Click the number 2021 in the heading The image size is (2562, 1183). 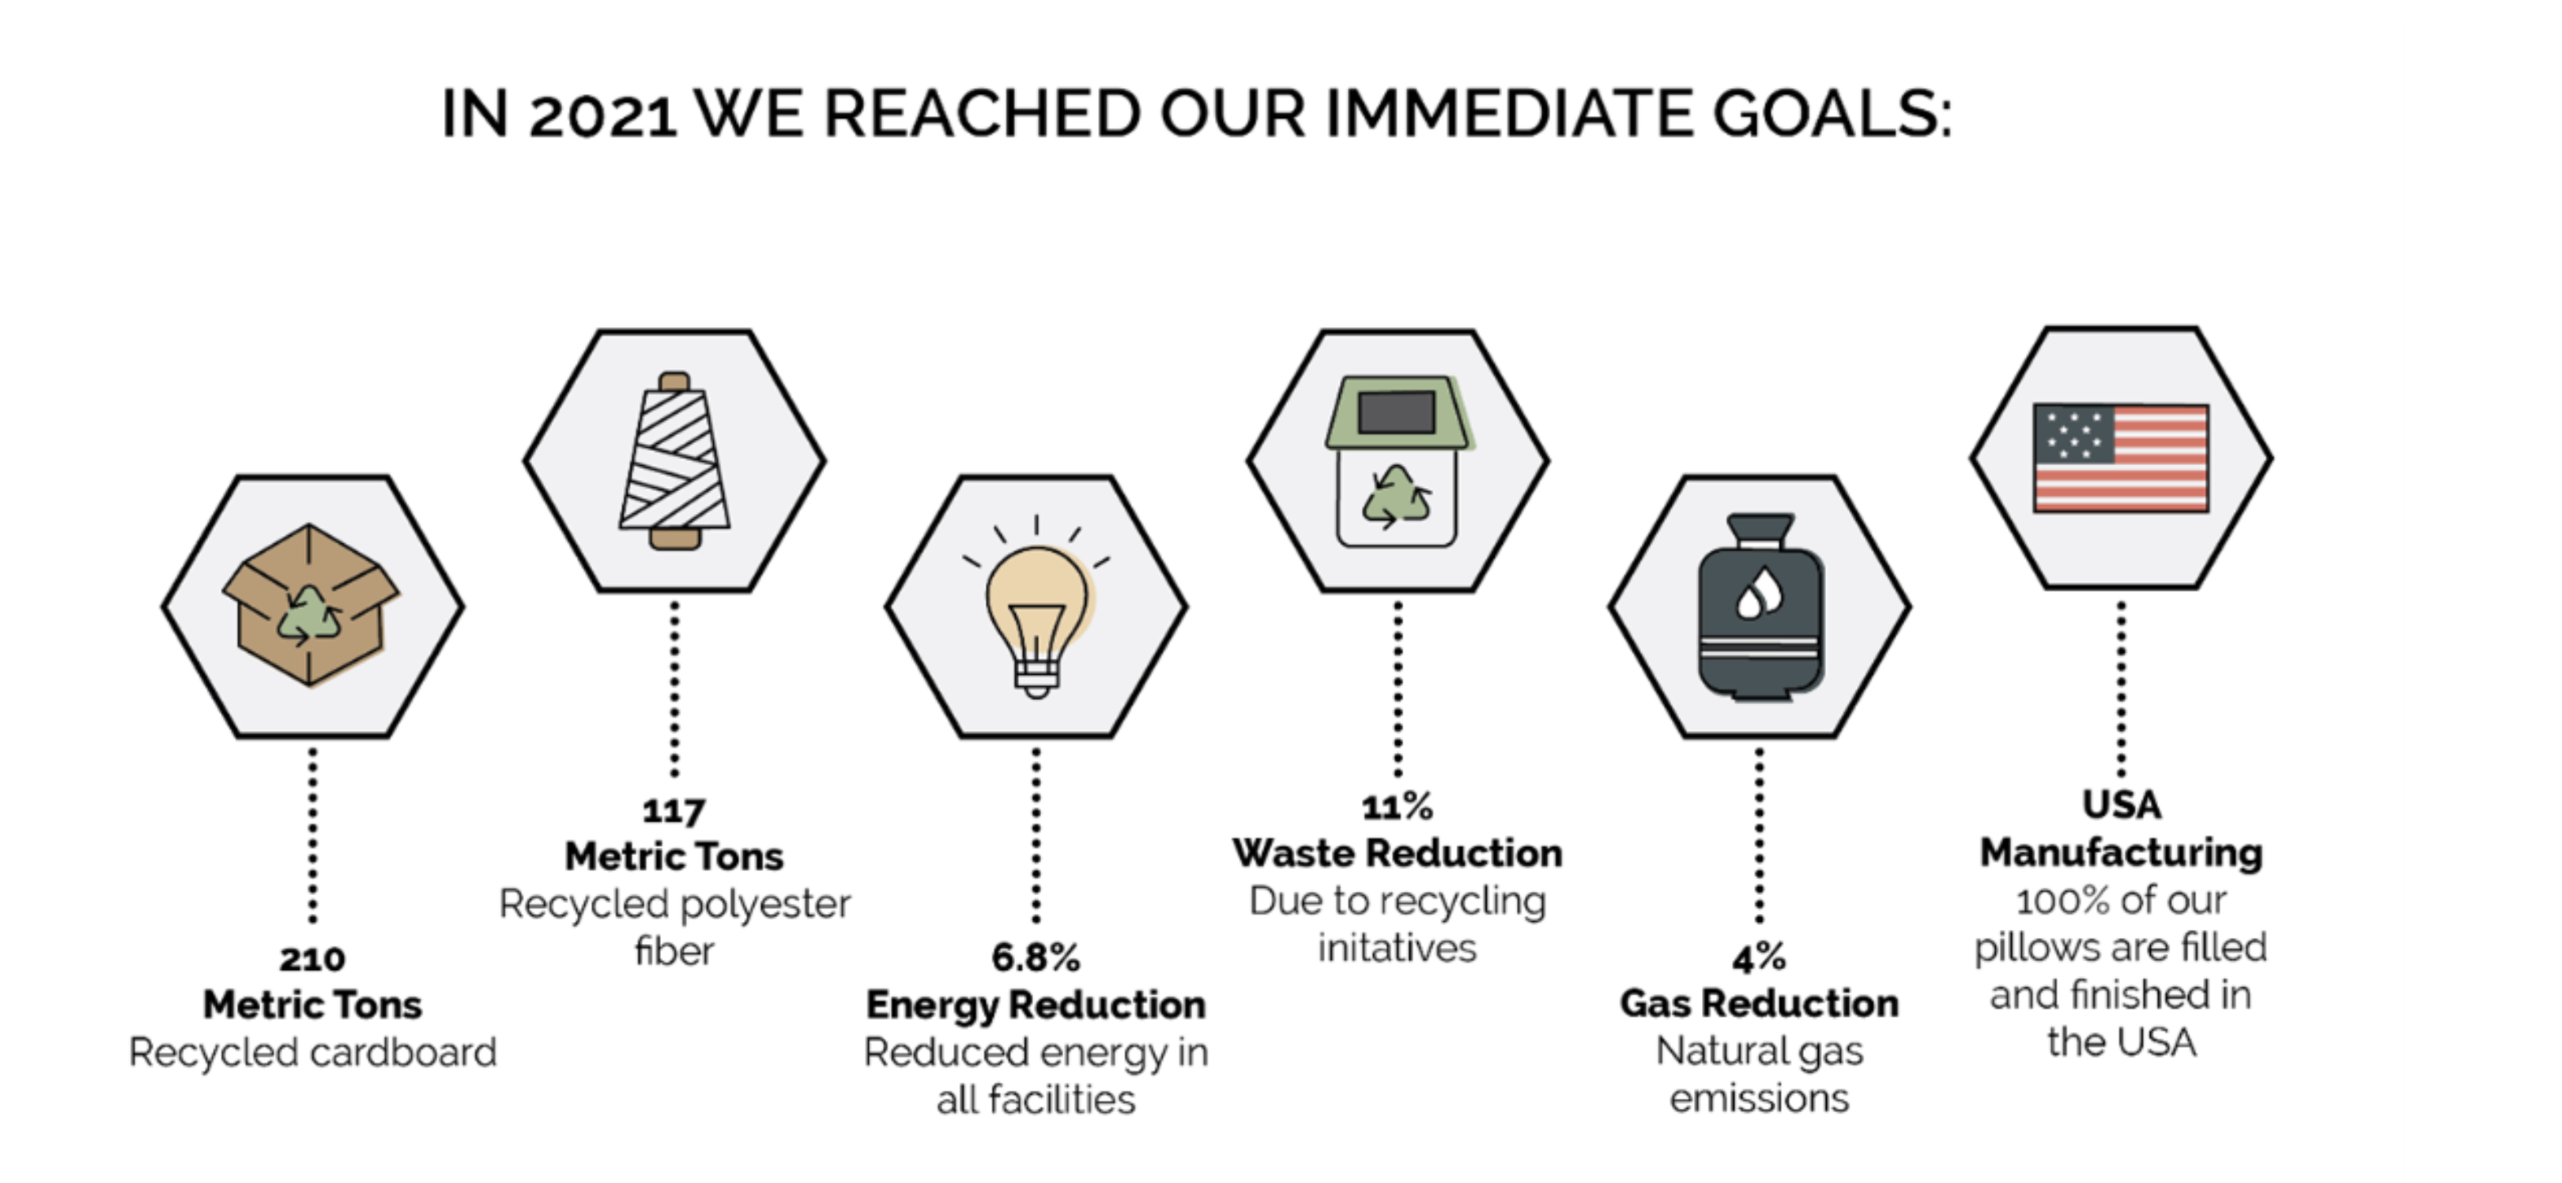(x=603, y=114)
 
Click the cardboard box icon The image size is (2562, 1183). (x=310, y=605)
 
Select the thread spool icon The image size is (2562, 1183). (x=674, y=460)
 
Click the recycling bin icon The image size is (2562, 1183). (x=1398, y=461)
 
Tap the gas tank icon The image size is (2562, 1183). (x=1761, y=607)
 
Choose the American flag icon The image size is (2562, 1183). (x=2121, y=458)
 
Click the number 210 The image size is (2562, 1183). (x=312, y=959)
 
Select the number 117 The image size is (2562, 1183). (x=674, y=811)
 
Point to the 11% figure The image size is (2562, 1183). (x=1398, y=807)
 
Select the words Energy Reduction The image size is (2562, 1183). (x=1035, y=1005)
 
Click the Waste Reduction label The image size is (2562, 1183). (x=1398, y=853)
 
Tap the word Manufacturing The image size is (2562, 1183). (x=2121, y=853)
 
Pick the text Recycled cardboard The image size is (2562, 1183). (x=312, y=1052)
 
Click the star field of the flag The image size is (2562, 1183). (x=2073, y=433)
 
